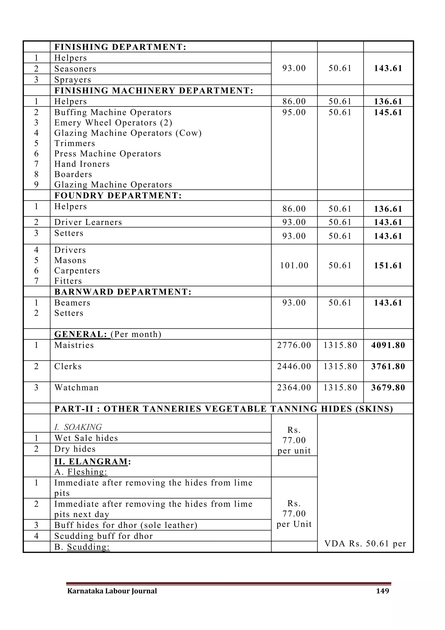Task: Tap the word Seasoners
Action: [x=75, y=69]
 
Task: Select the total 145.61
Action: [x=388, y=112]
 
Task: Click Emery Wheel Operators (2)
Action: [x=113, y=123]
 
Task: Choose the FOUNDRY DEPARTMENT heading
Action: [x=118, y=196]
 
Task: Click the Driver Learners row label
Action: [x=88, y=222]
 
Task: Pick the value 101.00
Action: [x=294, y=266]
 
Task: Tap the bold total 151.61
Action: [x=388, y=266]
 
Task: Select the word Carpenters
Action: [x=77, y=271]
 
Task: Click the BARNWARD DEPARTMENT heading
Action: [x=123, y=292]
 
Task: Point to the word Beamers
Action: [x=72, y=303]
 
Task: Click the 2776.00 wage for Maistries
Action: [x=294, y=345]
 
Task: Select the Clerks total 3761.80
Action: [x=388, y=367]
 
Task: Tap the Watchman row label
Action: [x=76, y=388]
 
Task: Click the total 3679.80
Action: [x=388, y=388]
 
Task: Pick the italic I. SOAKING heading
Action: [x=78, y=427]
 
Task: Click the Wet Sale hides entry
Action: [x=86, y=438]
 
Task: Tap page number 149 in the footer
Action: [x=382, y=591]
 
